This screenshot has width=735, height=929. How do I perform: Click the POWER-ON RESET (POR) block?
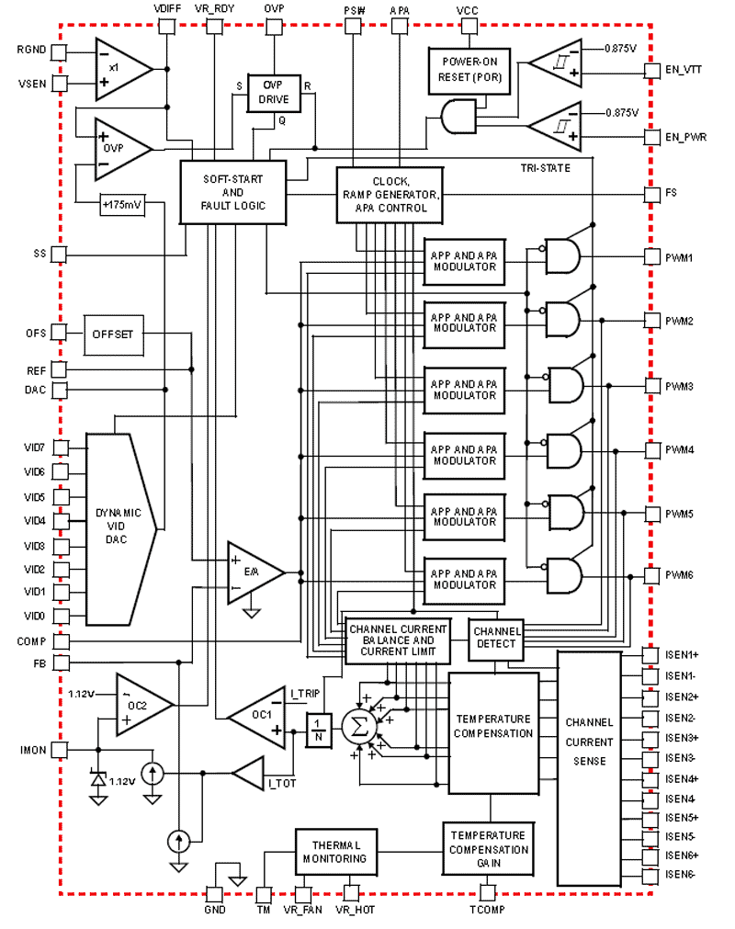pos(469,70)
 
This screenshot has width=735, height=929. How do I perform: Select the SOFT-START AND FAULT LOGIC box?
pos(232,191)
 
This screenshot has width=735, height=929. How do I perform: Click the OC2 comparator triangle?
pos(140,705)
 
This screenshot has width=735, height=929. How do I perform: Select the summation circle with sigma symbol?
pos(355,728)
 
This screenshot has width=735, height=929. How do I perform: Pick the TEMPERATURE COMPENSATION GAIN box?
pos(488,849)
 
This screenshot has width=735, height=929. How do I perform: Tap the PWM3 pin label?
pos(679,386)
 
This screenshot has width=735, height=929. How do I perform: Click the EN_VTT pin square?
pos(650,68)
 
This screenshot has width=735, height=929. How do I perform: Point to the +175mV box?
pos(121,205)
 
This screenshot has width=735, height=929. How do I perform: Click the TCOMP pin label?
pos(487,910)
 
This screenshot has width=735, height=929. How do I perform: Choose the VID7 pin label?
pos(34,448)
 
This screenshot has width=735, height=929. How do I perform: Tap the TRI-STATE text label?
pos(546,168)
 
